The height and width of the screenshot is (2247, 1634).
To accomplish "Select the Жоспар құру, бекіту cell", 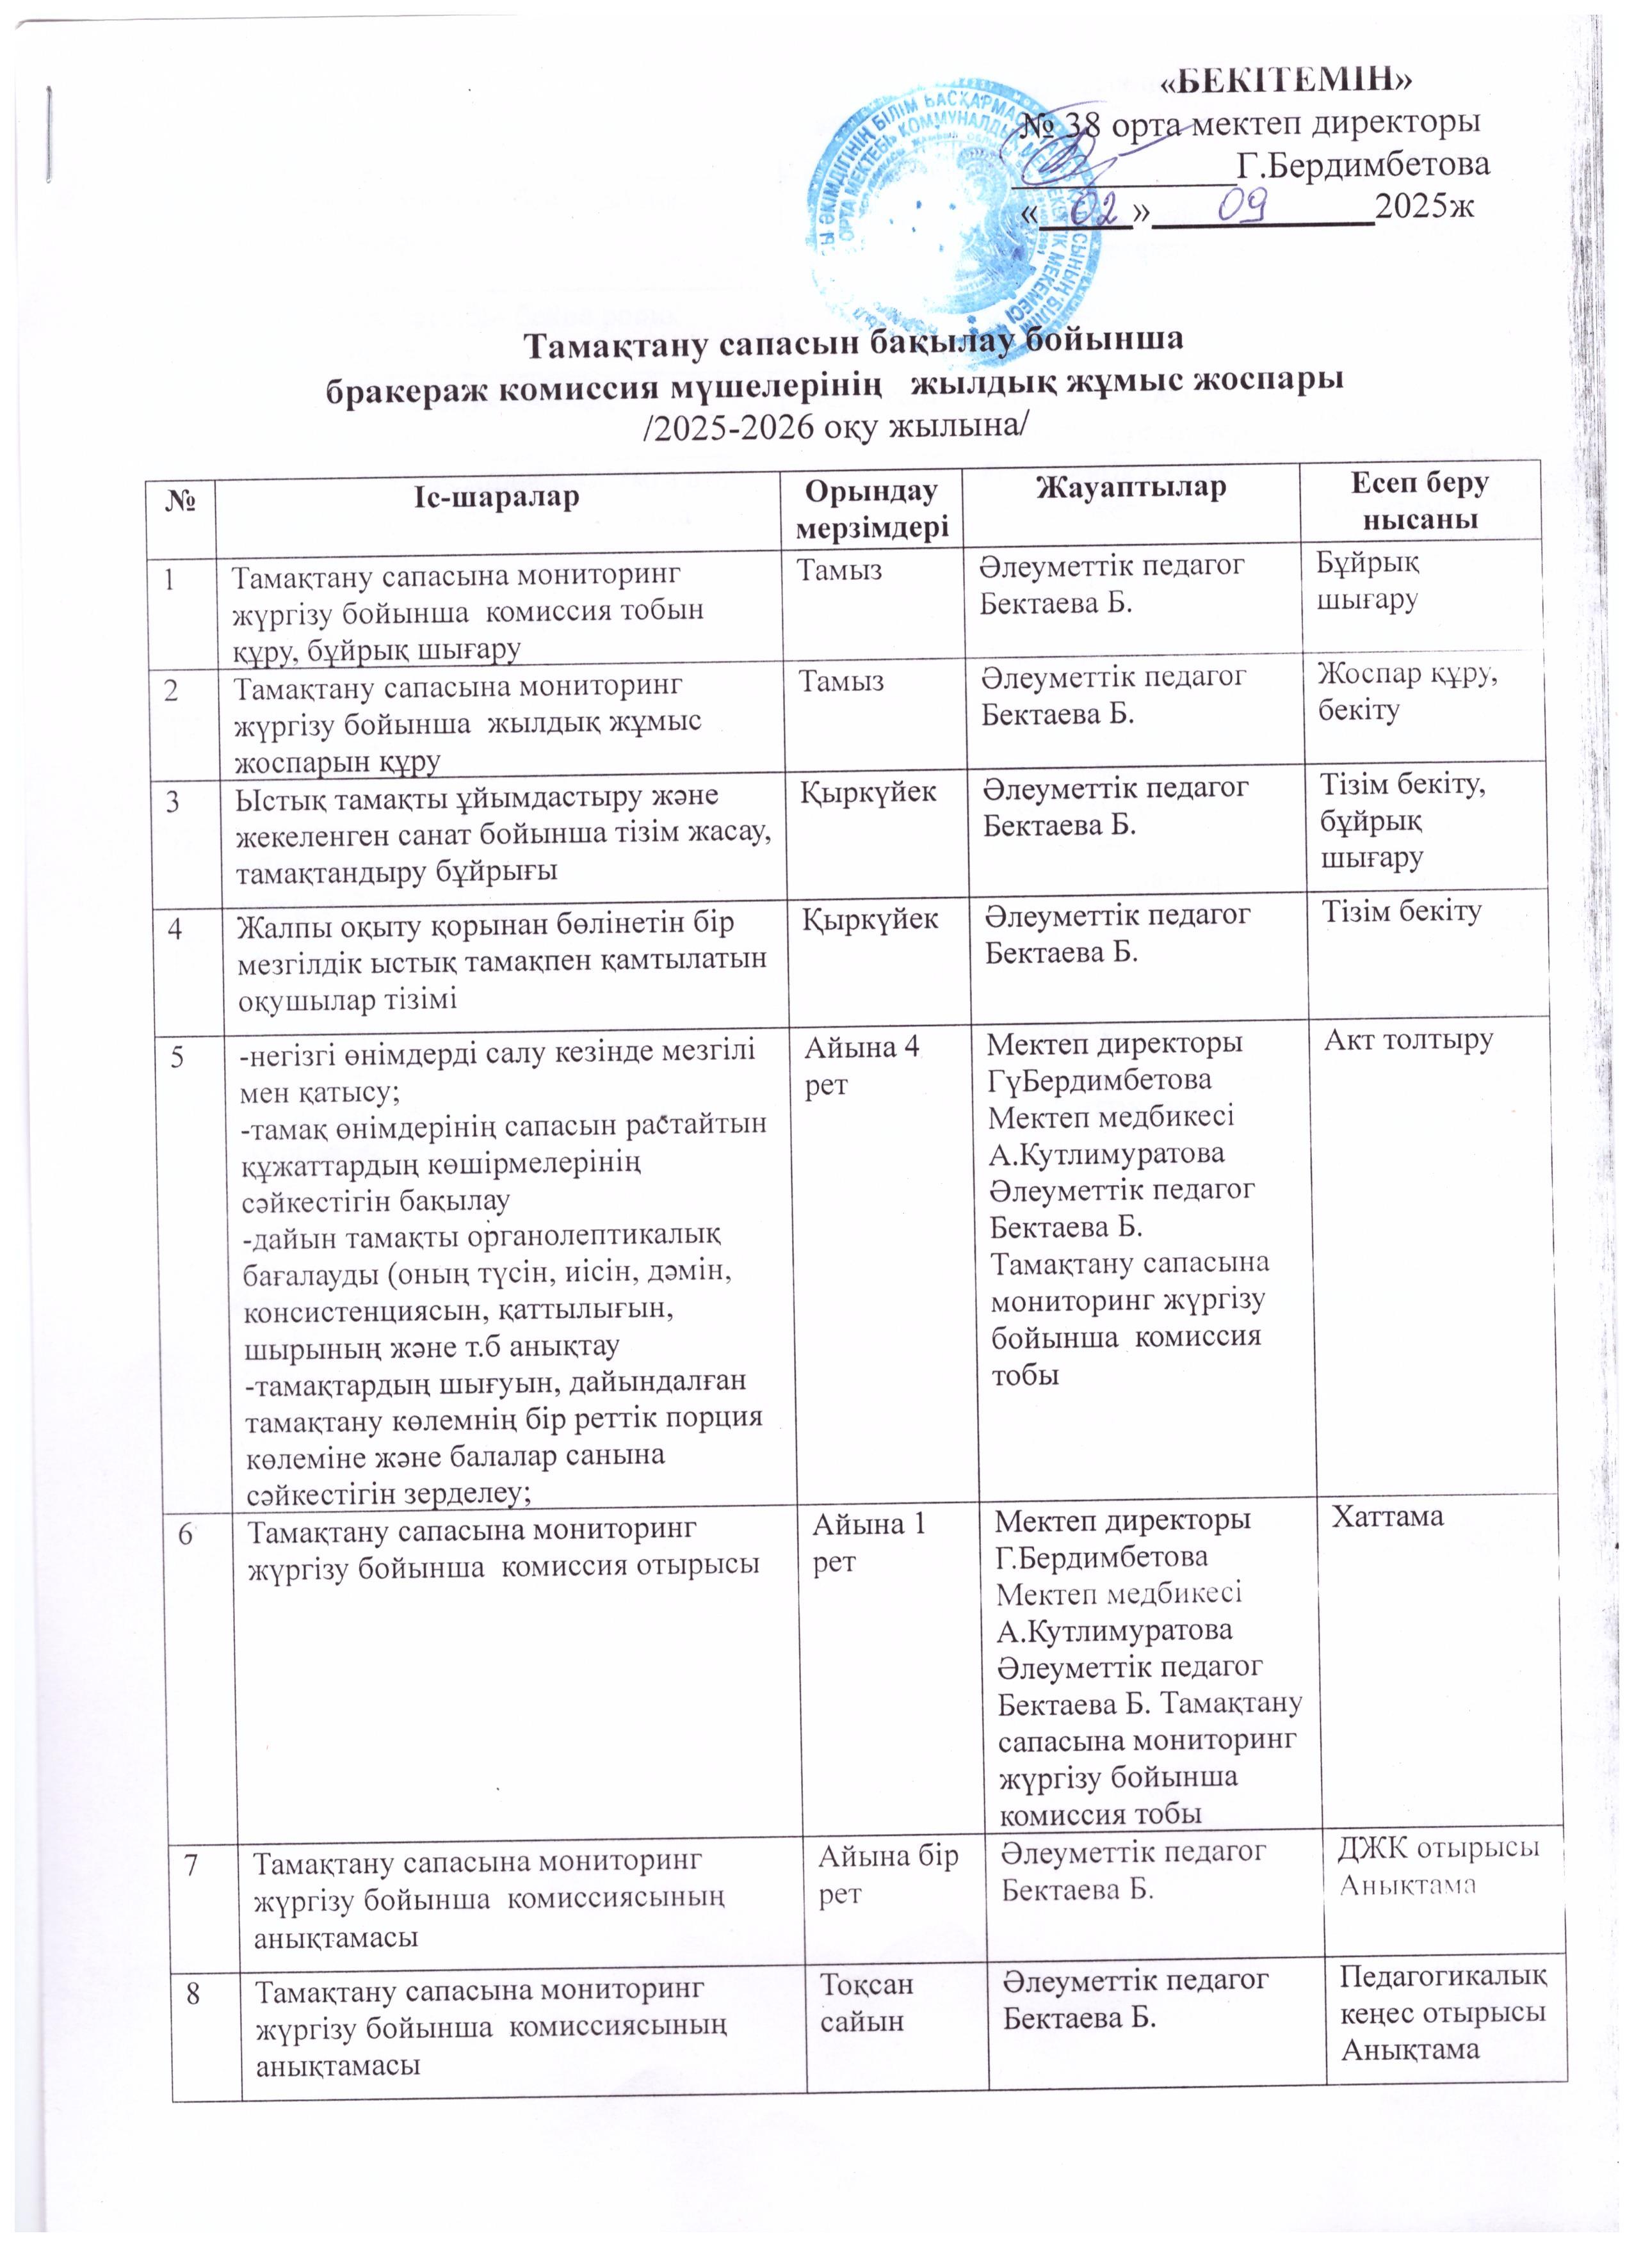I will (x=1406, y=691).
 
